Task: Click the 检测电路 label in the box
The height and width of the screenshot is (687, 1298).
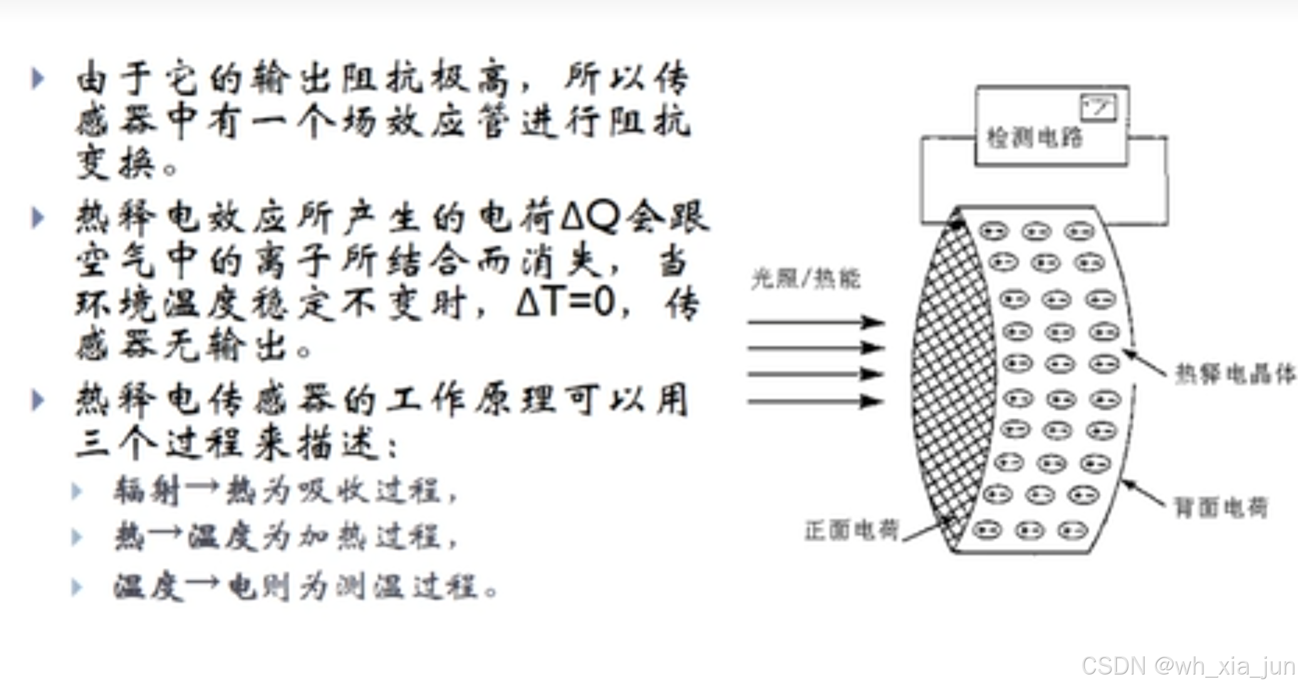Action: (x=1034, y=138)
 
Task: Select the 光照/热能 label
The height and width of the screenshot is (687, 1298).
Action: (x=806, y=279)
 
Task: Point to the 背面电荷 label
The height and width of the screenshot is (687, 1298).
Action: (x=1220, y=507)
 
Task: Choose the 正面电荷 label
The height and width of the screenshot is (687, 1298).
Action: (x=851, y=530)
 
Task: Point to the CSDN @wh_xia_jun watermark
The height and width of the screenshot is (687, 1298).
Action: (x=1188, y=666)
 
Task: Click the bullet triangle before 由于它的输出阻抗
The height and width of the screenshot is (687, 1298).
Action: (x=38, y=78)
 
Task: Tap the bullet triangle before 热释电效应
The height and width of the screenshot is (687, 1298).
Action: (x=38, y=217)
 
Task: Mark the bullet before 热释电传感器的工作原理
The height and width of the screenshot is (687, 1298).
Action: (x=38, y=400)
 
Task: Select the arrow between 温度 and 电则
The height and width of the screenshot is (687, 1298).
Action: (x=202, y=584)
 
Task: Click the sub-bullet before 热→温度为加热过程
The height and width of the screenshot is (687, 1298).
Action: (x=77, y=537)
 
